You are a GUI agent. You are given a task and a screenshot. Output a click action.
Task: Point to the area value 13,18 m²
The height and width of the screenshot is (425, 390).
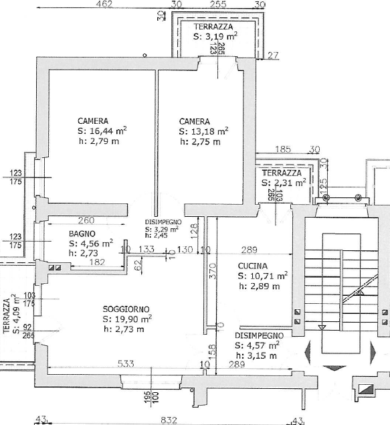tap(204, 131)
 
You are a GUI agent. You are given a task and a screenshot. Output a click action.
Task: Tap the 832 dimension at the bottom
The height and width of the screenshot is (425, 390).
tap(169, 420)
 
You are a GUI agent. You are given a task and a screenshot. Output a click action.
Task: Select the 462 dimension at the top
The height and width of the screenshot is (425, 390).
tap(104, 5)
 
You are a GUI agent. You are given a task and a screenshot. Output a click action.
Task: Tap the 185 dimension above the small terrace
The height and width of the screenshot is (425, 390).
tap(284, 149)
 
